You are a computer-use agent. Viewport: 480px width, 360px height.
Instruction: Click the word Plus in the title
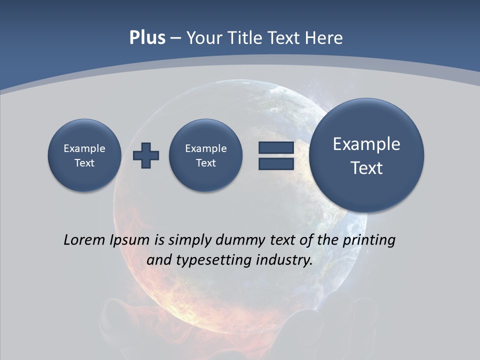(147, 38)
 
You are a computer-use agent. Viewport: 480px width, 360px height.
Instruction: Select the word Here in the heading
(325, 38)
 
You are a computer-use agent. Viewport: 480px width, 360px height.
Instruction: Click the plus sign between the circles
(146, 155)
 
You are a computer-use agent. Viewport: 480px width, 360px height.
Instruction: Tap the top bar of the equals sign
(276, 148)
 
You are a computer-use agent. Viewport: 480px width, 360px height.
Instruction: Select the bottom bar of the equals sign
(276, 163)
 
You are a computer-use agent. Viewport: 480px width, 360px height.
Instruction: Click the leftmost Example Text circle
(84, 155)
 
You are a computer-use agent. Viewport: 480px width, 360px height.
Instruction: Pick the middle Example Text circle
(205, 155)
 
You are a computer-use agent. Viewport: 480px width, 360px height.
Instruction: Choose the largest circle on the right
(366, 155)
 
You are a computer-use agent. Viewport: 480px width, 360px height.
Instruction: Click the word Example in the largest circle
(366, 144)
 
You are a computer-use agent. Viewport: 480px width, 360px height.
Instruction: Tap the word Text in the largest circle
(366, 168)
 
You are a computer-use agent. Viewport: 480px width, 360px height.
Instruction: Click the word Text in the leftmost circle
(84, 162)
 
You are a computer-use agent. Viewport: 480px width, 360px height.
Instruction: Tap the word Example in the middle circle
(205, 148)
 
